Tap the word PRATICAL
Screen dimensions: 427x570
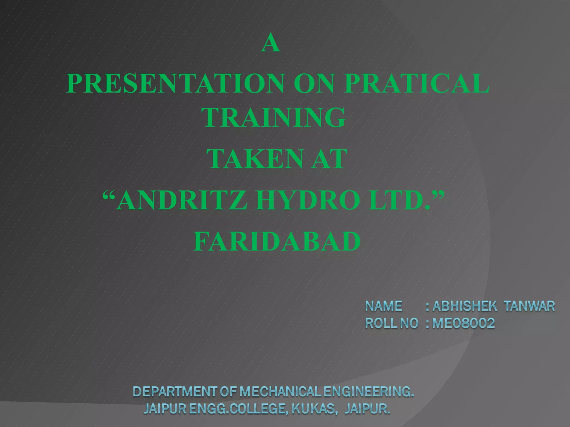[x=416, y=83]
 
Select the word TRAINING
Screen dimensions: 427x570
[x=274, y=118]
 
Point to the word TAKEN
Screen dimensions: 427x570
[x=255, y=159]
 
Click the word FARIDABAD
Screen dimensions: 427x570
[x=277, y=241]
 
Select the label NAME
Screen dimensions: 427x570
[x=384, y=306]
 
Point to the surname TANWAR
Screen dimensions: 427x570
[x=530, y=306]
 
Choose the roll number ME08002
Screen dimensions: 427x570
[x=464, y=323]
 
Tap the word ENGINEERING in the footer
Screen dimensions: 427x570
[x=368, y=392]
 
